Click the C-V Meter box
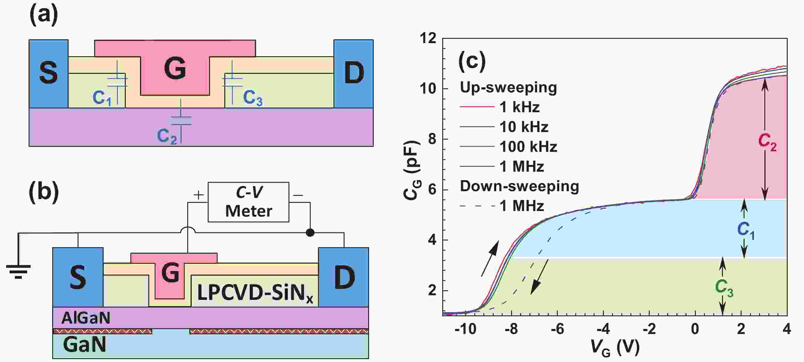(249, 202)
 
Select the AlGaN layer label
(86, 318)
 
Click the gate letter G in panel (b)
(170, 273)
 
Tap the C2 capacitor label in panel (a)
(167, 136)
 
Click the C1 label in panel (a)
(102, 99)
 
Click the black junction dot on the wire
(310, 233)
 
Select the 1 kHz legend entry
(519, 107)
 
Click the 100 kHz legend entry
(528, 147)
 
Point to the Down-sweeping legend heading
(519, 186)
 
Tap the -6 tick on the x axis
(557, 329)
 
